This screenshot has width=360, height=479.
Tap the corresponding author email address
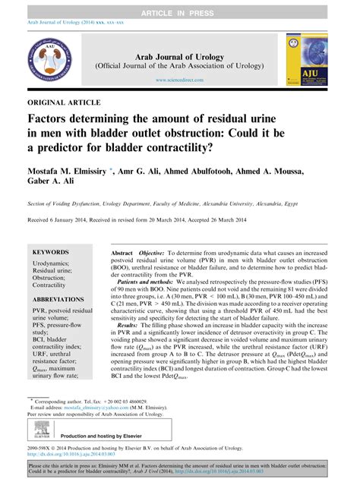coord(94,408)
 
